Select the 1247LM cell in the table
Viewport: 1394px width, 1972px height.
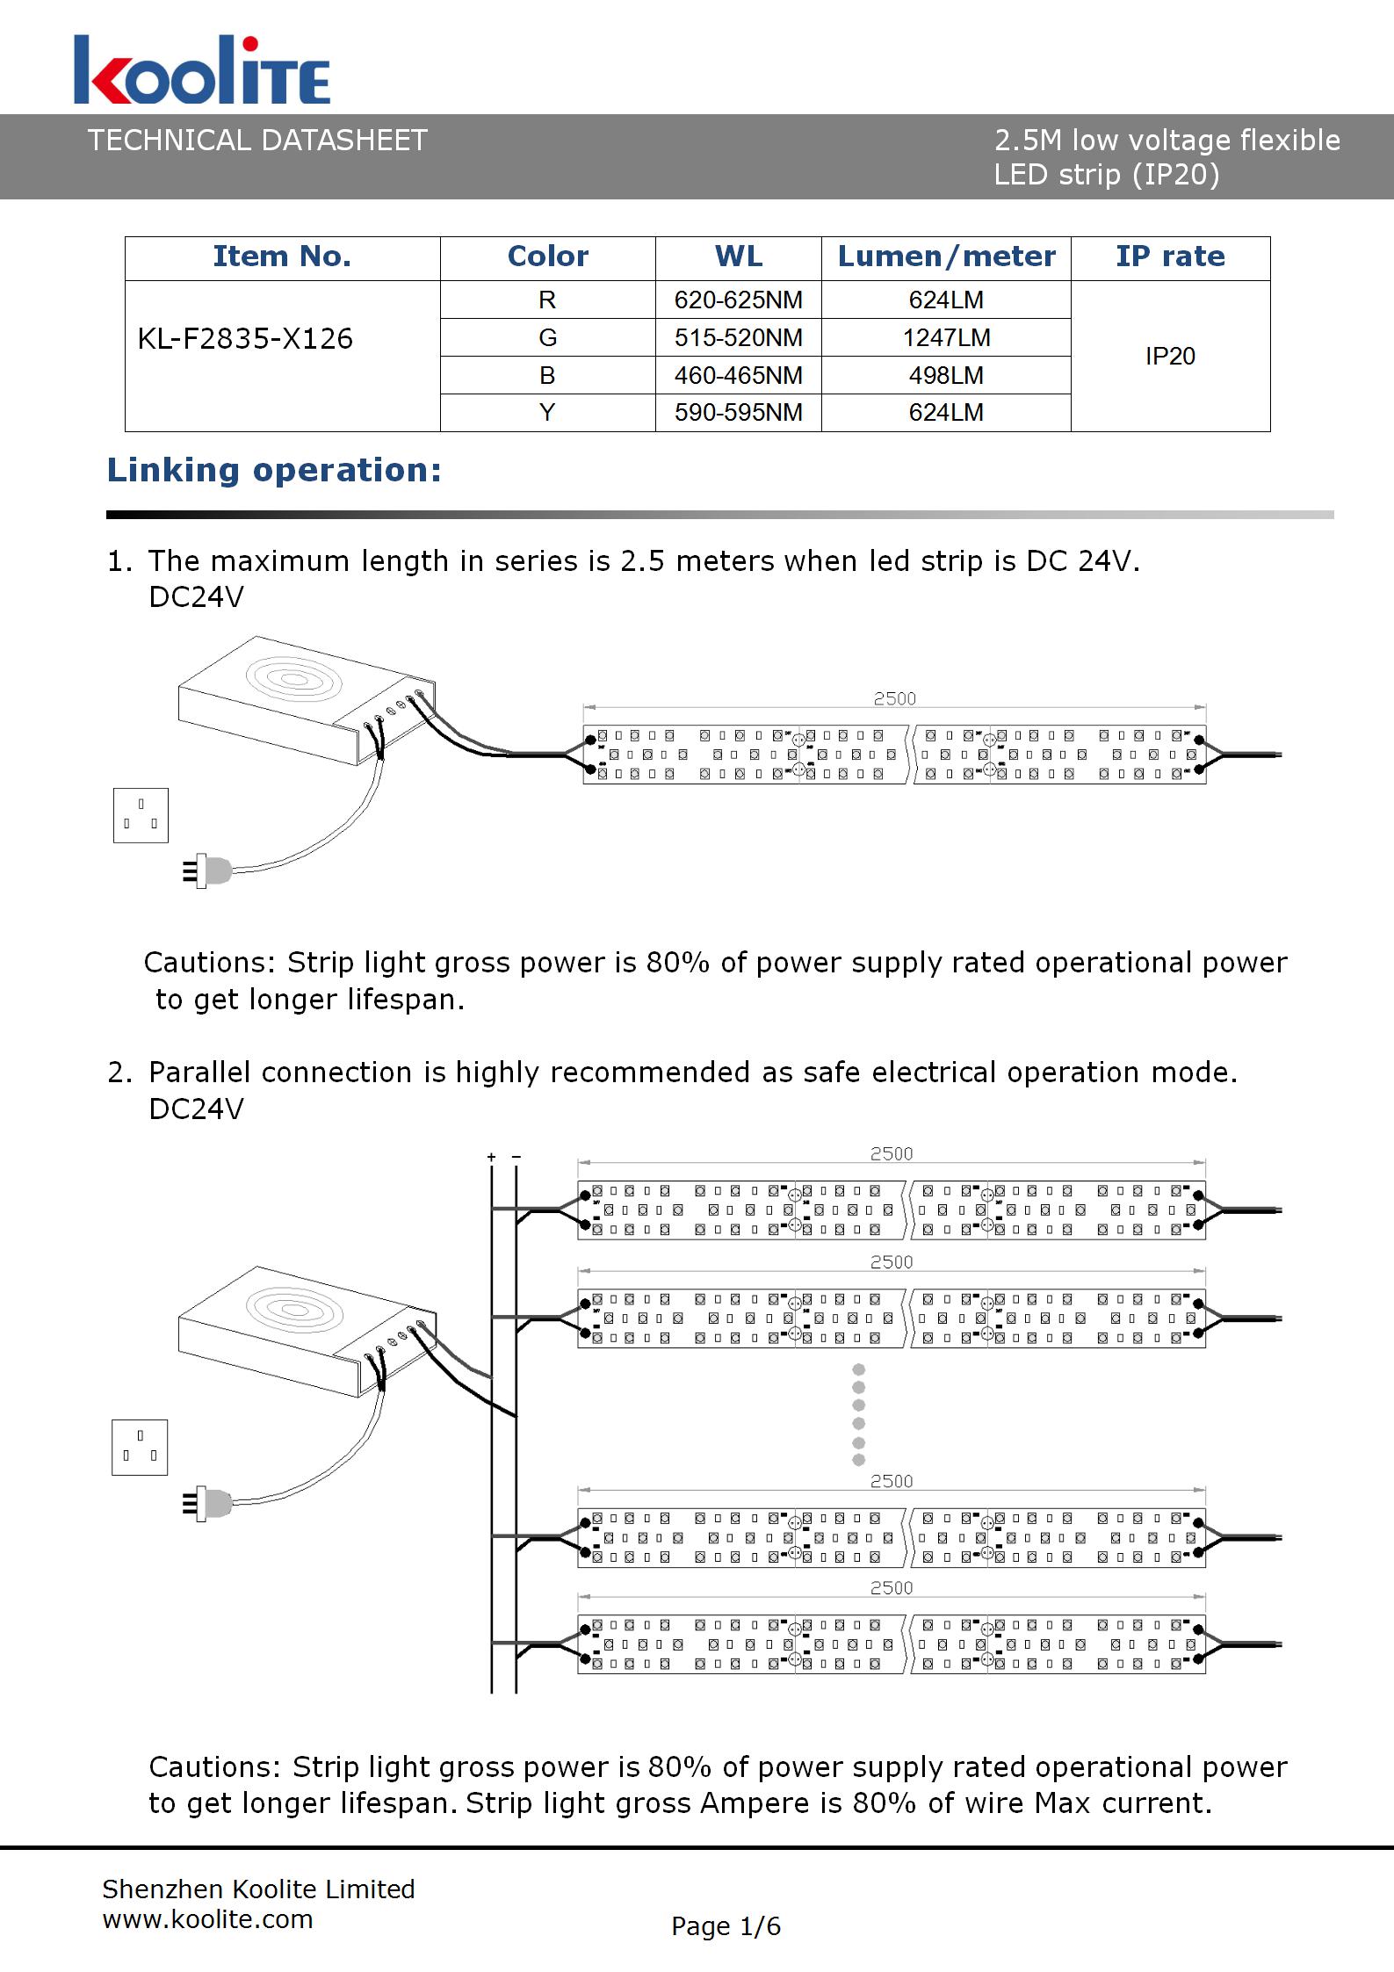point(946,337)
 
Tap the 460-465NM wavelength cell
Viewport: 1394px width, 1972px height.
point(738,375)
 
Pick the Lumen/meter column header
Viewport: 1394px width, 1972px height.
point(946,256)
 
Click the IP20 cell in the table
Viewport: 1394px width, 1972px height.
point(1170,356)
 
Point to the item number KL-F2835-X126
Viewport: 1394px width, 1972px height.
point(245,338)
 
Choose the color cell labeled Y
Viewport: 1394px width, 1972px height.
point(547,412)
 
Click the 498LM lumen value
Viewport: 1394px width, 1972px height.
point(946,375)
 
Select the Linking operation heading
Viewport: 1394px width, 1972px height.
point(274,470)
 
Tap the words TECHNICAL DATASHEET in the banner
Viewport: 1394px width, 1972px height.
point(257,141)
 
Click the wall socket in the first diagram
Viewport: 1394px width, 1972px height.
point(141,815)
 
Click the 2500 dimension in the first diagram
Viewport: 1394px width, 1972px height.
point(894,698)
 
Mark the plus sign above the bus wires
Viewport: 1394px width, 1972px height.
point(492,1157)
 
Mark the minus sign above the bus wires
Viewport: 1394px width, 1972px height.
point(516,1157)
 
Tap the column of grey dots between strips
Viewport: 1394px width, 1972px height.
point(859,1414)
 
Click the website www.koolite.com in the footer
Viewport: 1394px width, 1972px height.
point(207,1918)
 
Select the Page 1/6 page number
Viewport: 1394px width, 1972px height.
point(726,1925)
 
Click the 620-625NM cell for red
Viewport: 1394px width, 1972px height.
point(738,300)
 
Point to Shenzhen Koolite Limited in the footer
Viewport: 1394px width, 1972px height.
point(258,1889)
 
